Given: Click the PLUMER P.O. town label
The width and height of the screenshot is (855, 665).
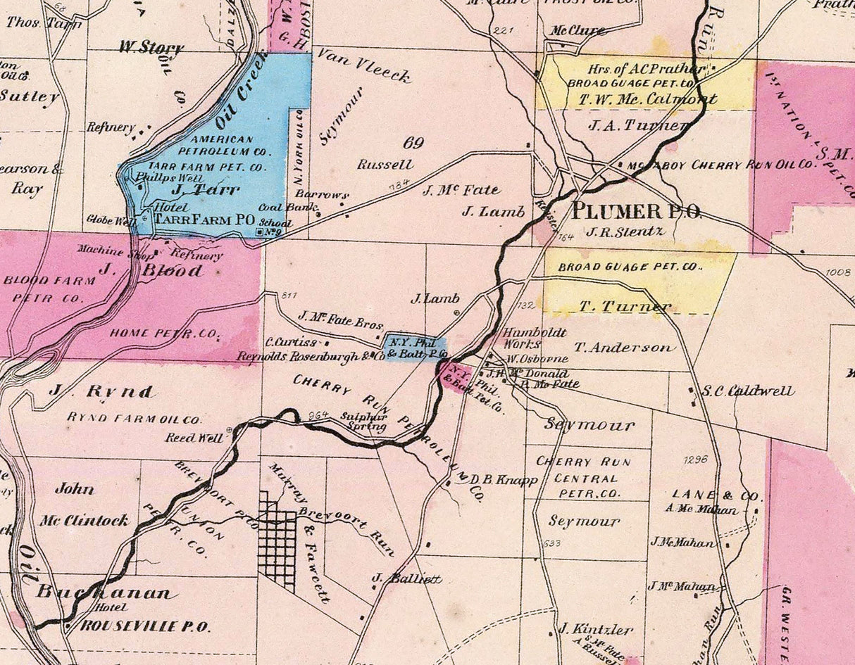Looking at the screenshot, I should coord(636,210).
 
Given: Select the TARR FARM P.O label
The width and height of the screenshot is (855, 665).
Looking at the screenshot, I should coord(204,220).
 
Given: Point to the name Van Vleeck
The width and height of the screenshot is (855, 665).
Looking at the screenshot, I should coord(363,65).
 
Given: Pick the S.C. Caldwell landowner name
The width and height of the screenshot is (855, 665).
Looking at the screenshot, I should coord(747,391).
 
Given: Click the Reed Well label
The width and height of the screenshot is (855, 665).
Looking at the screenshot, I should coord(194,438).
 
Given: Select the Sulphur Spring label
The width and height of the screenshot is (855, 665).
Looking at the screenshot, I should coord(363,421).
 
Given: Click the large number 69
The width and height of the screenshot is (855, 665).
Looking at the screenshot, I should coord(413,143).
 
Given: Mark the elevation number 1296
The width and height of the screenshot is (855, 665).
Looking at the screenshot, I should coord(694,460).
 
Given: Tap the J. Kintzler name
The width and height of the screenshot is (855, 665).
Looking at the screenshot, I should coord(596,629).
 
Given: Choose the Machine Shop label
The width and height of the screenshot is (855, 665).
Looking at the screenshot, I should coord(105,249).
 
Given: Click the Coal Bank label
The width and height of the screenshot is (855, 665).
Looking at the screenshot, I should coord(280,207).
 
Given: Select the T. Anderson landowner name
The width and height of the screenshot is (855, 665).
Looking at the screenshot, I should coord(623,347).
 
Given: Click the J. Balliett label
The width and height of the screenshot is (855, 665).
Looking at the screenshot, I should coord(407,579).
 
